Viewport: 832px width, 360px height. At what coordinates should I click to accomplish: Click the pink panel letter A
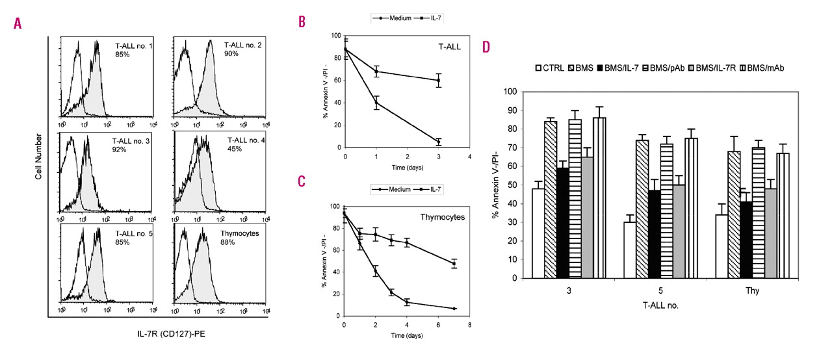tap(18, 23)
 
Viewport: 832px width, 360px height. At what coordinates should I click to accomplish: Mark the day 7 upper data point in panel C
tap(454, 264)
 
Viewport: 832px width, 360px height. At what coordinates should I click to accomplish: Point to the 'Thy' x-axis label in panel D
tap(759, 290)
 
